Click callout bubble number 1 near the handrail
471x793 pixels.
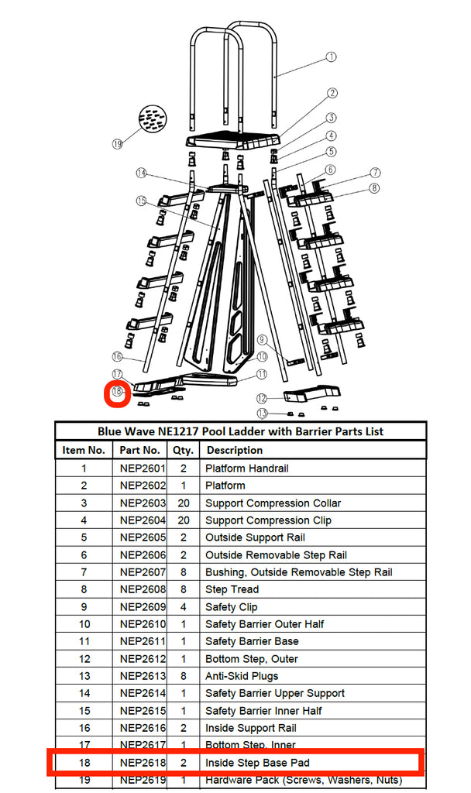coord(331,57)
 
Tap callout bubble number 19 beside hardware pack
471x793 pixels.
coord(117,144)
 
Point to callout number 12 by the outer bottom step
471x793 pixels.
coord(262,398)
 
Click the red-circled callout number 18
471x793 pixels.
coord(117,393)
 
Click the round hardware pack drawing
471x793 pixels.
coord(152,120)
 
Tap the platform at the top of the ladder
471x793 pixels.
coord(232,142)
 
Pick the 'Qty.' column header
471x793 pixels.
coord(183,450)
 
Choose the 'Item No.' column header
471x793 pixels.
coord(84,450)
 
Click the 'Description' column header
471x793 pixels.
coord(235,450)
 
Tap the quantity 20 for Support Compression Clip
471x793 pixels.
coord(183,520)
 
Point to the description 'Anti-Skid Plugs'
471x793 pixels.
coord(242,676)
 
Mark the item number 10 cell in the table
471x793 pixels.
coord(84,624)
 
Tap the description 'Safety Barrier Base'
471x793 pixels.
coord(252,641)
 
